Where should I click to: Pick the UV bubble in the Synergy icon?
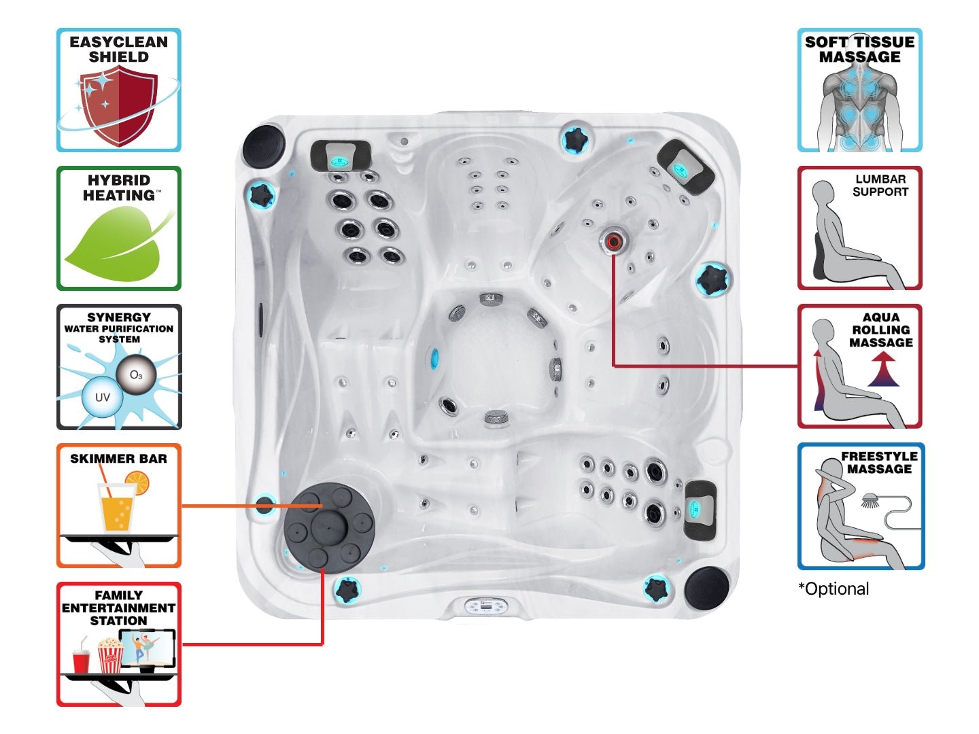(x=102, y=398)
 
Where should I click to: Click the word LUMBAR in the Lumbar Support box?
(x=880, y=179)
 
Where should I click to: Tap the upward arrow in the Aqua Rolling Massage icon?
(x=883, y=372)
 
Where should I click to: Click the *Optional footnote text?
(x=834, y=589)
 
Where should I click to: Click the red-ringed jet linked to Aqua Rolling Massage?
(x=613, y=241)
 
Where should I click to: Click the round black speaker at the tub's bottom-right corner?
(x=706, y=587)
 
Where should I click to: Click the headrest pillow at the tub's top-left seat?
(x=341, y=156)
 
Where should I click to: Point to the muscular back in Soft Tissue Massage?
(x=859, y=109)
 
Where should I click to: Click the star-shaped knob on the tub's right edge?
(x=712, y=279)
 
